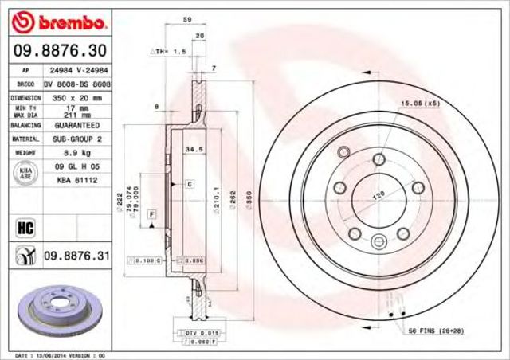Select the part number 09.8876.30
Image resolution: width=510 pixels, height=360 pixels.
57,50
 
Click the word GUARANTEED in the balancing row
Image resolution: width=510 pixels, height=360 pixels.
76,126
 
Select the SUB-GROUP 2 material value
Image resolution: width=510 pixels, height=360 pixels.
76,139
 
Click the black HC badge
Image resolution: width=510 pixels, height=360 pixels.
25,229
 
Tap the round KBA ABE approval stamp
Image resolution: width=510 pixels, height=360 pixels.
25,172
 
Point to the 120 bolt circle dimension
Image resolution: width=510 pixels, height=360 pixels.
379,194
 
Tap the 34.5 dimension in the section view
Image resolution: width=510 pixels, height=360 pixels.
191,148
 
